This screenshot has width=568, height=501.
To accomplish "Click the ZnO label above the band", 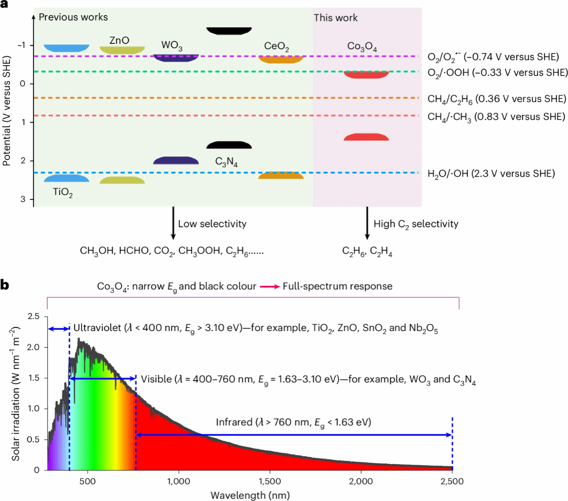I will coord(119,40).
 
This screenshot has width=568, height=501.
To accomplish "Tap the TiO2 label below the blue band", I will coord(63,192).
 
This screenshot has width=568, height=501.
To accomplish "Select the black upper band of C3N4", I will coord(229,31).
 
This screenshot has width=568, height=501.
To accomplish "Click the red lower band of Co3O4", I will coord(366,137).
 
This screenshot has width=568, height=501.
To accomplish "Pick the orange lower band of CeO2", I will coord(281,175).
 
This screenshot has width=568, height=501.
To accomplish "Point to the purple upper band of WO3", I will coord(176,58).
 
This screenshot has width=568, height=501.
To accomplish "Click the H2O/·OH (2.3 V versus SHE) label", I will coord(491,174).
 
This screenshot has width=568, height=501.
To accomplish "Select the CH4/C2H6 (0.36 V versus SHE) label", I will coord(497,99).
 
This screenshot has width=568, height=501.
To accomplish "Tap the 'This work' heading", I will coord(336,18).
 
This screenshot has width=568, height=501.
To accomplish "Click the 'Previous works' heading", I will coord(73,17).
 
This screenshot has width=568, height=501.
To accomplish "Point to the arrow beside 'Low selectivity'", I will coord(173,223).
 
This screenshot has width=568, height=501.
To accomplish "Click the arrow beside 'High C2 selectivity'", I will coord(367,223).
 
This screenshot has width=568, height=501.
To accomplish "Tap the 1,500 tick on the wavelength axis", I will coord(270,481).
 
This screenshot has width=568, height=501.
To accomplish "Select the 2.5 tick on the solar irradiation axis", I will coord(34,316).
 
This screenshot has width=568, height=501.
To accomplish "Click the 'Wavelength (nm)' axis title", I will coord(250,495).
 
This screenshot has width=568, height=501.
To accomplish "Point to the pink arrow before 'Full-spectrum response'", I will coord(270,286).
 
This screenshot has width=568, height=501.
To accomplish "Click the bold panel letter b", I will coord(5,284).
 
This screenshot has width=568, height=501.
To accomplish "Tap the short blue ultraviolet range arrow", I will coord(59,329).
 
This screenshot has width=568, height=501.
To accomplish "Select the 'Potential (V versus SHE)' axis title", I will coord(6,111).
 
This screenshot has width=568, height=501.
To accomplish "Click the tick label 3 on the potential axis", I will coord(23,200).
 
